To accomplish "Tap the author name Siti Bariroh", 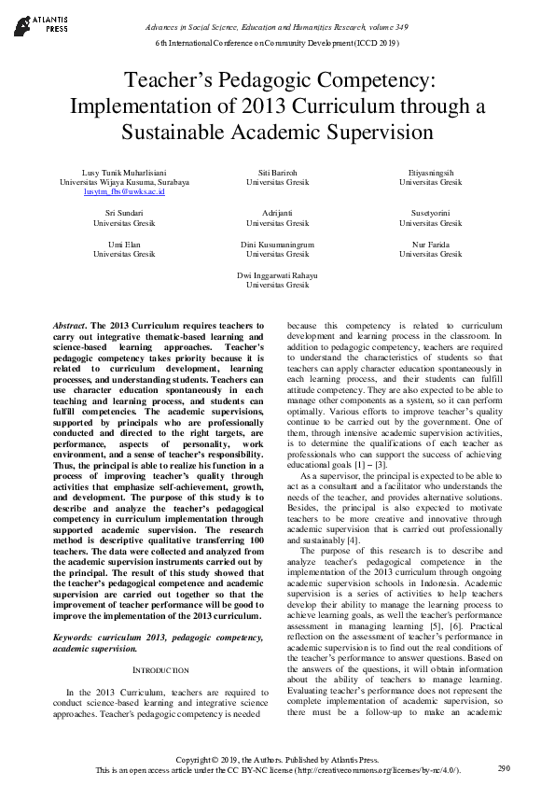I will pyautogui.click(x=277, y=173).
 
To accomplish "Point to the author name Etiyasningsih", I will pyautogui.click(x=430, y=173).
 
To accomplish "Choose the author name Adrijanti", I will pyautogui.click(x=277, y=214).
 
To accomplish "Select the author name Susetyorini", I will pyautogui.click(x=430, y=214).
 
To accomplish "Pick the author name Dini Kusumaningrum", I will pyautogui.click(x=277, y=245).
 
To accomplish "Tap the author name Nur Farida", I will pyautogui.click(x=430, y=245).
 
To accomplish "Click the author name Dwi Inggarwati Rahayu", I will pyautogui.click(x=277, y=275).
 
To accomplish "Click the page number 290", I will pyautogui.click(x=504, y=768).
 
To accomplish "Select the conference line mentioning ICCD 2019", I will pyautogui.click(x=277, y=43).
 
